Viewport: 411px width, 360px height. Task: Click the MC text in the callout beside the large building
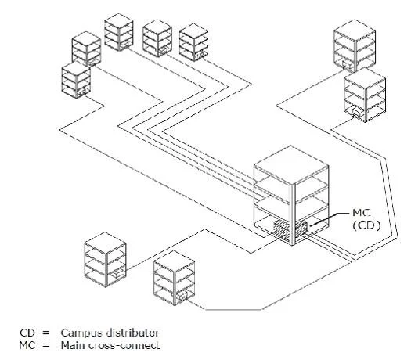pyautogui.click(x=361, y=213)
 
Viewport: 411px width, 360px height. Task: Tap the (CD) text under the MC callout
pyautogui.click(x=366, y=225)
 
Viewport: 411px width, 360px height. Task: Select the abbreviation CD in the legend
pyautogui.click(x=27, y=333)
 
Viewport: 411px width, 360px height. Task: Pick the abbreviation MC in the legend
pyautogui.click(x=27, y=345)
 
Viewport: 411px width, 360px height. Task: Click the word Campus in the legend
pyautogui.click(x=81, y=333)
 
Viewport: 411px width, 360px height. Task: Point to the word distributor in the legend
pyautogui.click(x=132, y=333)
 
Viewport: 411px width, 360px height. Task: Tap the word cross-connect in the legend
pyautogui.click(x=124, y=345)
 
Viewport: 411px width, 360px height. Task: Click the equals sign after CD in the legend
pyautogui.click(x=45, y=333)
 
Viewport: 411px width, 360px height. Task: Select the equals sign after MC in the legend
pyautogui.click(x=45, y=345)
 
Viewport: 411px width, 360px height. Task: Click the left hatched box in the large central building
pyautogui.click(x=281, y=229)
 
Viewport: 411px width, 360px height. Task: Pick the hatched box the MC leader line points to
pyautogui.click(x=301, y=228)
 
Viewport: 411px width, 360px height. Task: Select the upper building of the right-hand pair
pyautogui.click(x=355, y=46)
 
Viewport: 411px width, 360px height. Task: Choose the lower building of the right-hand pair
pyautogui.click(x=365, y=95)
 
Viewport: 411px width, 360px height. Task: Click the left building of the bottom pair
pyautogui.click(x=106, y=259)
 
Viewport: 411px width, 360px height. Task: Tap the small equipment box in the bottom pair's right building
pyautogui.click(x=182, y=296)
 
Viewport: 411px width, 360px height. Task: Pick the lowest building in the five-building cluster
pyautogui.click(x=76, y=80)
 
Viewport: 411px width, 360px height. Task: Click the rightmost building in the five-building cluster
pyautogui.click(x=193, y=42)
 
